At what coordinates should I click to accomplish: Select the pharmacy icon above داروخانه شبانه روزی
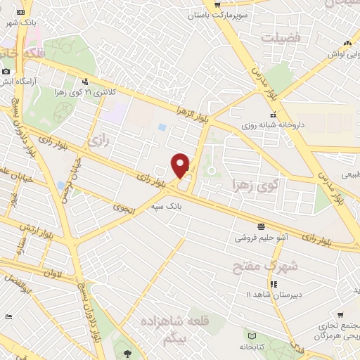point(273,115)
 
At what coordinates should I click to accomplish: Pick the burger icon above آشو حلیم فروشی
point(261,226)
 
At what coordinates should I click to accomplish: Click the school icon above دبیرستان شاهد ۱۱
point(274,283)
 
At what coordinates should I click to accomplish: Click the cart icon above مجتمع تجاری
point(340,316)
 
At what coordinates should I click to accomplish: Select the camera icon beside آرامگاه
point(6,71)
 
